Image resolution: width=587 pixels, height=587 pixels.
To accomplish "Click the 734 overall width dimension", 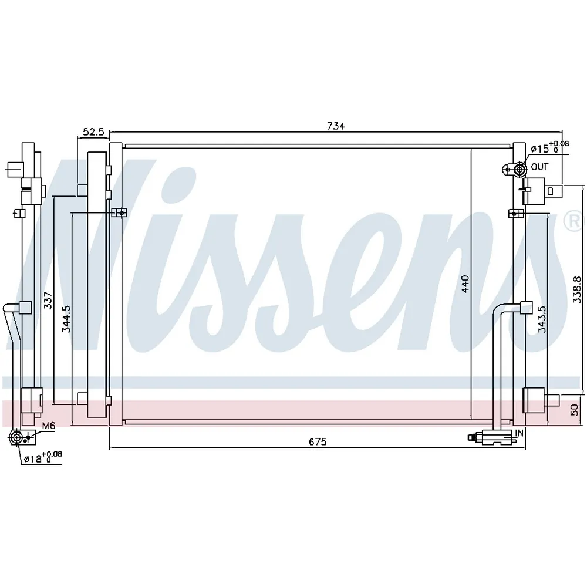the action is pos(336,126).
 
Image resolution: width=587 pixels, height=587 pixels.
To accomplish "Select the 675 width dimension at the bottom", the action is pos(318,442).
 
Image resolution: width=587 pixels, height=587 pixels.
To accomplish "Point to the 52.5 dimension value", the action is pos(93,131).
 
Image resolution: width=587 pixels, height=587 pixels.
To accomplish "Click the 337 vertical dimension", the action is pos(48,301).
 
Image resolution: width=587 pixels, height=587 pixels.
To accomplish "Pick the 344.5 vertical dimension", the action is pos(66,319).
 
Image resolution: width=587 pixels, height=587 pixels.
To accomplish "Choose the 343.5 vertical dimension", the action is pos(542,319).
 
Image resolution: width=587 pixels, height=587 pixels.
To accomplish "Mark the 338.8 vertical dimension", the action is pos(577,290).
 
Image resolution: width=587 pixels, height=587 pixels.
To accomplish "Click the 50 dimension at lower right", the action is pos(574,410).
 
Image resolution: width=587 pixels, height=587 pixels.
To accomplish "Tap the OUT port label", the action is pos(539,167).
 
